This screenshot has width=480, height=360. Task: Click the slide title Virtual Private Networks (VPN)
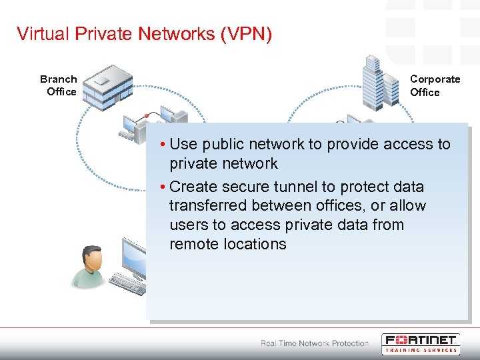click(x=144, y=34)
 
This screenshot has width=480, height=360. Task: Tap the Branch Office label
click(x=59, y=85)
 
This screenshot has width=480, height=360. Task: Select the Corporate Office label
click(x=435, y=85)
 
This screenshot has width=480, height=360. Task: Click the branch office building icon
click(x=107, y=84)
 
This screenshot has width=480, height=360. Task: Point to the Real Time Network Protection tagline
click(x=315, y=343)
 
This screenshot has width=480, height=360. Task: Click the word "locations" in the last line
click(x=255, y=244)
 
